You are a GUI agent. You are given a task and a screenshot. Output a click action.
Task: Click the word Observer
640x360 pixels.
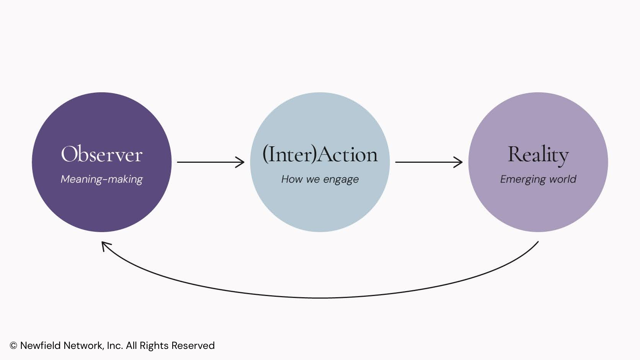[x=102, y=154]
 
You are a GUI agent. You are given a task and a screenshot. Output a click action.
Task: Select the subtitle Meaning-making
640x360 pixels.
[x=102, y=179]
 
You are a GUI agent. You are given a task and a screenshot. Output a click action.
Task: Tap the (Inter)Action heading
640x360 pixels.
[x=320, y=154]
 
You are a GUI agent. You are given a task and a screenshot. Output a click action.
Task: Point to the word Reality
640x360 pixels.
[x=538, y=155]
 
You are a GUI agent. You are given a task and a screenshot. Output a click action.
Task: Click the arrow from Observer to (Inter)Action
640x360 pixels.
[x=211, y=162]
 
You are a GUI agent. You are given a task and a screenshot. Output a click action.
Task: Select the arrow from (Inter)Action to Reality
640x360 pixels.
[x=429, y=162]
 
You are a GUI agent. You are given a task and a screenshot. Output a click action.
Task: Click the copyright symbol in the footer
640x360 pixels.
[x=13, y=346]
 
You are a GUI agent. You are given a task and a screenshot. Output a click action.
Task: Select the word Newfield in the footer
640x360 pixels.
[x=40, y=345]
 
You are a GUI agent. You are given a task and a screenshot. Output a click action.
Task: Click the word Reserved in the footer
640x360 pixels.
[x=193, y=345]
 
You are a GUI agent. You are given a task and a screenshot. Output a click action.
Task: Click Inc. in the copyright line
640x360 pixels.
[x=115, y=345]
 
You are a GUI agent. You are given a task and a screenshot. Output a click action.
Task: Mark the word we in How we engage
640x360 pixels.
[x=313, y=180]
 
